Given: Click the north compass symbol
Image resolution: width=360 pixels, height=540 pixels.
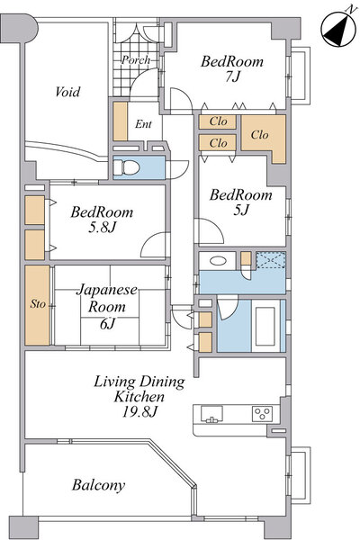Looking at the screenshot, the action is point(339,30).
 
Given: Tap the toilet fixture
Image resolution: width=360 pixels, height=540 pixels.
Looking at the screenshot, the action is point(127,167).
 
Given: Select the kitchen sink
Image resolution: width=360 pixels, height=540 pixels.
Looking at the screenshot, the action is point(211,414).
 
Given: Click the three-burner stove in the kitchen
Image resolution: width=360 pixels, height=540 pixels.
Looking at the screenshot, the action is point(263,413).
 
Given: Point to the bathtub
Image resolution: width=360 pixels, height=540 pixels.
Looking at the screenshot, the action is point(265,326).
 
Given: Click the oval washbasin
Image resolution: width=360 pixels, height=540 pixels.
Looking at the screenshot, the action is point(218,261).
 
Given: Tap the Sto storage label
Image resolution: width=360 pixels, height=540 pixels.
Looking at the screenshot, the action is point(38,304).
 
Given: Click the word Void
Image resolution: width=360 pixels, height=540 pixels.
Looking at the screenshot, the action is point(67,92).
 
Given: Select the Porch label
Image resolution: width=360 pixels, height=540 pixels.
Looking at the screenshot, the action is point(136,60).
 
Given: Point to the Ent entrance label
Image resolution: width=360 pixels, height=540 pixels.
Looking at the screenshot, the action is point(143,124).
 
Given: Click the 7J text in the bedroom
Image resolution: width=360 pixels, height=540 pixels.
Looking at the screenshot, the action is point(232,76).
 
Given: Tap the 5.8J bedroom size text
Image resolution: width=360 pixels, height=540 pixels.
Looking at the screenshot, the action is point(102,228).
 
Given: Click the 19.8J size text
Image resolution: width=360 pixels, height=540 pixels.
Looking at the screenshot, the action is point(139,411).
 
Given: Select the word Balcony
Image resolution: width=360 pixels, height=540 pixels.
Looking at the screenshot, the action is point(98,486).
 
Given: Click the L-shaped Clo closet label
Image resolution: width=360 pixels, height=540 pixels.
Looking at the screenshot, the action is point(260,135).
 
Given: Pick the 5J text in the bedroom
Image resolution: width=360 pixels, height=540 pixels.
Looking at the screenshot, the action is point(241,210).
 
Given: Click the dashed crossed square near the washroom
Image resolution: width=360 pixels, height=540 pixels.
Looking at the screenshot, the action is point(270,260).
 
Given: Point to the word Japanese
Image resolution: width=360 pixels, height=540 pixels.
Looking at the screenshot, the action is point(107,291).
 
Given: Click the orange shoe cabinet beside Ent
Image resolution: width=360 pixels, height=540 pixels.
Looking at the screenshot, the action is point(121,121).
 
